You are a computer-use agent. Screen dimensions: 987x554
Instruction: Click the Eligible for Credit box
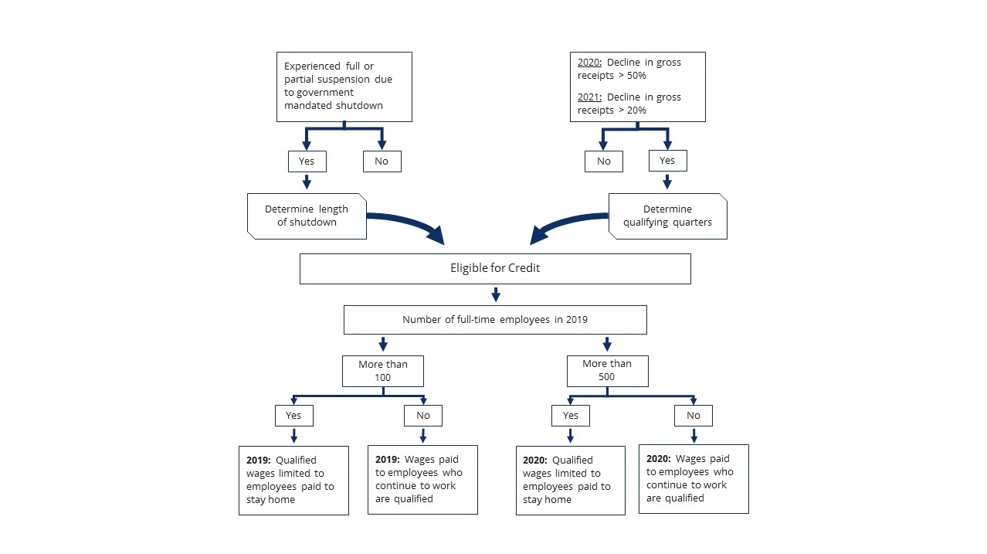[495, 268]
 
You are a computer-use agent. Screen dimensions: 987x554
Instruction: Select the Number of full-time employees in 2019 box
[495, 320]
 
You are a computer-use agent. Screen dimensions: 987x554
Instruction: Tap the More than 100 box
[383, 371]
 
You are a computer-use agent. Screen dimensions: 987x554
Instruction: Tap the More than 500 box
[607, 371]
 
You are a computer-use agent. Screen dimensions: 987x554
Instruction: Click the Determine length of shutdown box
[307, 216]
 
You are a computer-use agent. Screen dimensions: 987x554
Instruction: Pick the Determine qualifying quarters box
[667, 216]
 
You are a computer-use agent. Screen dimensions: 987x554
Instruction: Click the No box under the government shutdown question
[382, 161]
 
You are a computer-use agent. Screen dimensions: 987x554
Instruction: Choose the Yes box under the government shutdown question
[307, 161]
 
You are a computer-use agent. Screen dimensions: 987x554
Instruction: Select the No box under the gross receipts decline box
[604, 161]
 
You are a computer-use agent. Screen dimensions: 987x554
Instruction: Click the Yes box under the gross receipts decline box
[667, 161]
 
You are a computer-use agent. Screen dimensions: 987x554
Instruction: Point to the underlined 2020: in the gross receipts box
[589, 62]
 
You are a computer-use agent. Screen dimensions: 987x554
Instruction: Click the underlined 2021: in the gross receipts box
[589, 97]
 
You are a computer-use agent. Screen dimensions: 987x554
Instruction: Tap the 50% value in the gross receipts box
[636, 76]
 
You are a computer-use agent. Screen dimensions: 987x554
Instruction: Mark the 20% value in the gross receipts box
[636, 110]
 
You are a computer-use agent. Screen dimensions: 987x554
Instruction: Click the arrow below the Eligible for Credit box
[496, 294]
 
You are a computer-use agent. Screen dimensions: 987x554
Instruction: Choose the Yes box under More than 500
[571, 416]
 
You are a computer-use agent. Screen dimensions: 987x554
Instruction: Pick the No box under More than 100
[423, 416]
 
